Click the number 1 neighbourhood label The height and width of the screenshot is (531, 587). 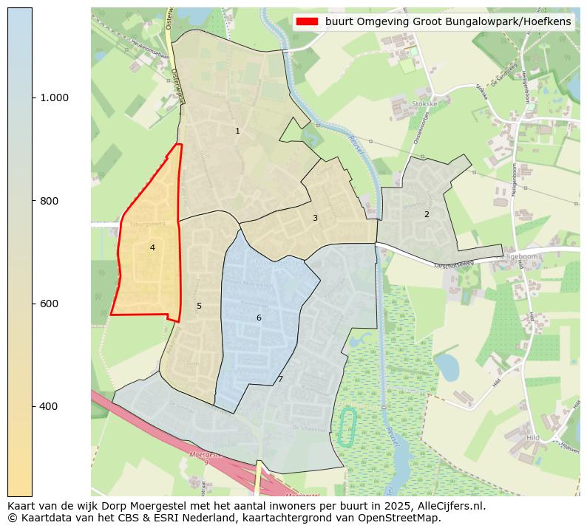[x=237, y=131]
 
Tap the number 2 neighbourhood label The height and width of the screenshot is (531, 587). [x=427, y=214]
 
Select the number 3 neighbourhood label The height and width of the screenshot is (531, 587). [x=315, y=218]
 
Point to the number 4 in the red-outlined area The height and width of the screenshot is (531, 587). [x=152, y=247]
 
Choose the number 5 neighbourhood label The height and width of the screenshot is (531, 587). [x=199, y=306]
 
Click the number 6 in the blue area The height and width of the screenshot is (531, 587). [x=259, y=318]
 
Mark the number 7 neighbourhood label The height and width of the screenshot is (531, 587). [x=280, y=379]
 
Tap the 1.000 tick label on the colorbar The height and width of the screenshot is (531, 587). [x=55, y=97]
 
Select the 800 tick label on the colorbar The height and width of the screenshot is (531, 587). [x=50, y=201]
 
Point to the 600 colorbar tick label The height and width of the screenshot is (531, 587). [x=50, y=304]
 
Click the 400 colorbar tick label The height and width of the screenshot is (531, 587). [x=50, y=406]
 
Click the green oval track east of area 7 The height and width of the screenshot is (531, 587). [x=347, y=426]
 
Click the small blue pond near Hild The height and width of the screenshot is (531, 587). [x=447, y=366]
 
